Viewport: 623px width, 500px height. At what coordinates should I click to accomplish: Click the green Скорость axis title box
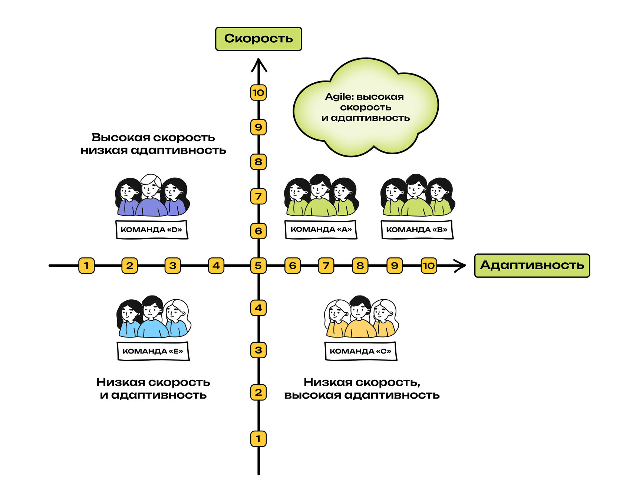point(258,39)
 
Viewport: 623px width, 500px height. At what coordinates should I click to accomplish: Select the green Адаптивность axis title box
point(532,266)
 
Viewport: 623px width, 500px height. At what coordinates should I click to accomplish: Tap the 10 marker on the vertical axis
point(258,92)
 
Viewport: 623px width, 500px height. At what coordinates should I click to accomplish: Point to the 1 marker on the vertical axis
point(258,439)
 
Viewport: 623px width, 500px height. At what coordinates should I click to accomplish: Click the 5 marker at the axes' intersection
point(258,266)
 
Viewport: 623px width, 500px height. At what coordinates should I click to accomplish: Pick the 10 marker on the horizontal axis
point(429,266)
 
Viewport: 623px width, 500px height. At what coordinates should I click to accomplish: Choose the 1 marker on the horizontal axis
point(86,266)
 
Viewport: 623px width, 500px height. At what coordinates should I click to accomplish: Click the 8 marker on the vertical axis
point(258,162)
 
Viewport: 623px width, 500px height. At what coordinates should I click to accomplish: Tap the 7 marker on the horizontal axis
point(326,266)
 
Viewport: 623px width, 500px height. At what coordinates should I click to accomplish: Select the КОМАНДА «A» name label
point(321,230)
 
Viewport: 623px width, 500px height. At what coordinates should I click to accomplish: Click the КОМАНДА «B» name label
point(417,230)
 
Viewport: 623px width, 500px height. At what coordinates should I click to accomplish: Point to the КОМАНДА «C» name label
point(360,351)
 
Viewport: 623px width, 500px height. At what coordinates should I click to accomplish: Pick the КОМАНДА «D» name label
point(152,230)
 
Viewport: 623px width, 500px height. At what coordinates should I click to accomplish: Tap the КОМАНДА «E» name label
point(153,351)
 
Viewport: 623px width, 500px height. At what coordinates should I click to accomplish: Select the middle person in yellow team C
point(360,317)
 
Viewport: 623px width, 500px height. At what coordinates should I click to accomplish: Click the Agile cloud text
point(365,107)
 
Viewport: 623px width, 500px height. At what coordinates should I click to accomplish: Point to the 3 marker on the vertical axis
point(258,350)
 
